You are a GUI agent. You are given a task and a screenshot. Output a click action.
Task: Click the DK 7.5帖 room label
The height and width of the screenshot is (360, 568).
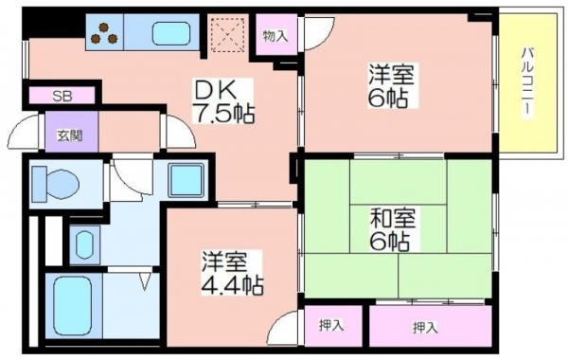pyautogui.click(x=223, y=101)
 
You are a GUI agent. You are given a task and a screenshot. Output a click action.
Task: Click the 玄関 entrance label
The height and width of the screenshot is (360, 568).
pyautogui.click(x=70, y=135)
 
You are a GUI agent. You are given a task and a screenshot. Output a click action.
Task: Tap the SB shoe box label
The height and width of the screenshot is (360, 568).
pyautogui.click(x=62, y=96)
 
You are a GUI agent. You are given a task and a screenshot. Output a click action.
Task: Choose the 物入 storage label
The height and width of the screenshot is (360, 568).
pyautogui.click(x=275, y=36)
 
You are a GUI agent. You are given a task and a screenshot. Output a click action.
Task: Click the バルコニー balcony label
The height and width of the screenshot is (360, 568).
pyautogui.click(x=527, y=82)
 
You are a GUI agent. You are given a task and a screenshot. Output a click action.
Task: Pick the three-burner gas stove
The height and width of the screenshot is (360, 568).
pyautogui.click(x=104, y=32)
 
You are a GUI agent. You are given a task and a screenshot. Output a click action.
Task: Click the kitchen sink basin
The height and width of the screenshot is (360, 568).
pyautogui.click(x=171, y=33)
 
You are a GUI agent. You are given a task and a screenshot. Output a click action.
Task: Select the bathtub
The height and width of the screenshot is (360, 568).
pyautogui.click(x=72, y=306)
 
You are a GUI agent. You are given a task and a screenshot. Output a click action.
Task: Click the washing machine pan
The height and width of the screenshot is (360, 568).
pyautogui.click(x=186, y=180)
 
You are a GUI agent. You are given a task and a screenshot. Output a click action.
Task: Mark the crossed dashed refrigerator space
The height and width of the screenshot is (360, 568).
pyautogui.click(x=228, y=34)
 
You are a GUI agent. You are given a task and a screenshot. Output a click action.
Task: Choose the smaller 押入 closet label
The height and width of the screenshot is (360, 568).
pyautogui.click(x=331, y=326)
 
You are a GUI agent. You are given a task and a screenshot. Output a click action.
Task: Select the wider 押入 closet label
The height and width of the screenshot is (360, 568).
pyautogui.click(x=425, y=328)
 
